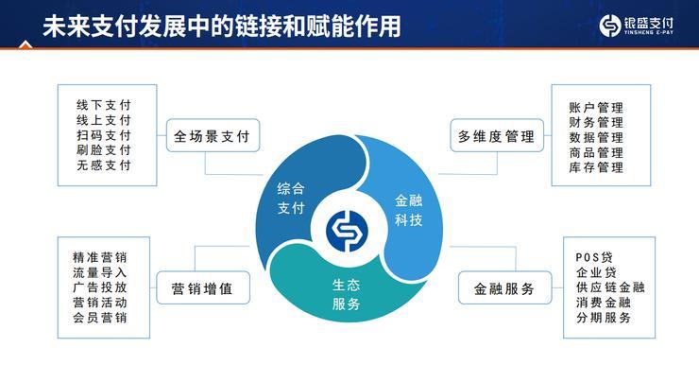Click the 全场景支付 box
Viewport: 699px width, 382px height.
212,136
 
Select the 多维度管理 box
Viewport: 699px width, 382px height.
496,136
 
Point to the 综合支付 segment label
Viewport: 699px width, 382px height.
292,199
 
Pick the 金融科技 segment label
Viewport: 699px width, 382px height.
408,210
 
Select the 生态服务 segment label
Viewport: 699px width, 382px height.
347,294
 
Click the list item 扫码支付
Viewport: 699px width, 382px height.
103,135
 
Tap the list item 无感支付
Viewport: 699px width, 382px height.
103,165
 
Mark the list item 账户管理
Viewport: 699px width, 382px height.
596,107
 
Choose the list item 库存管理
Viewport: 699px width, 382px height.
596,167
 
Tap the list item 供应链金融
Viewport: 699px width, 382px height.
609,287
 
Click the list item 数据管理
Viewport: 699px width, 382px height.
596,137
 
